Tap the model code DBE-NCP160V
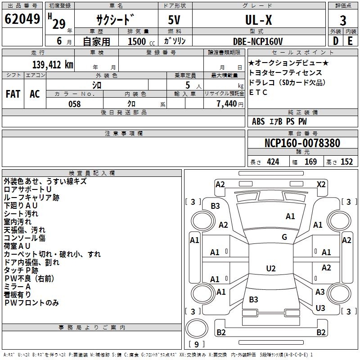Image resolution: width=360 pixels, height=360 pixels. pos(258,41)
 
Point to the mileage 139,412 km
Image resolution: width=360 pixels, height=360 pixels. pos(53,64)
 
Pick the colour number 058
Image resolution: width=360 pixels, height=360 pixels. pos(74,104)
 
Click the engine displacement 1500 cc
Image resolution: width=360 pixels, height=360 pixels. pos(137,41)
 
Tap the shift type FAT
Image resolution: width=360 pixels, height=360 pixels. pos(13,94)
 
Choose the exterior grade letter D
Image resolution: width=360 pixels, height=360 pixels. pos(335,41)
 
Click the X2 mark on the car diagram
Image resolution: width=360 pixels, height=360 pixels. pos(321,184)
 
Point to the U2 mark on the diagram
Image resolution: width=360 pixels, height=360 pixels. pos(270,269)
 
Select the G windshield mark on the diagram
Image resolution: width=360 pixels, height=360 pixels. pos(284,237)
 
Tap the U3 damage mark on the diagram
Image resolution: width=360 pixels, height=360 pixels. pos(320,308)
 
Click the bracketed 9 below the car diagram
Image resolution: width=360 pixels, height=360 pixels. pos(196,345)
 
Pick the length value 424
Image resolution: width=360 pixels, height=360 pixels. pos(273,162)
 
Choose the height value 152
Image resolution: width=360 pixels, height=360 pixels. pos(346,162)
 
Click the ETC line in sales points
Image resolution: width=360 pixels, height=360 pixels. pos(258,93)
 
